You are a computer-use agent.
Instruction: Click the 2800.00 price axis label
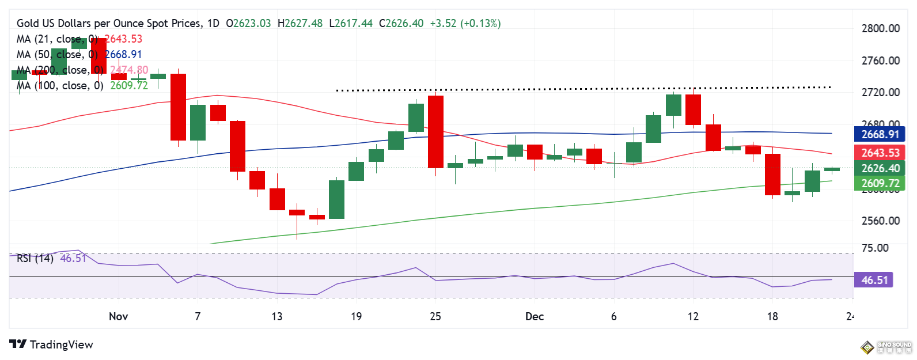pyautogui.click(x=880, y=28)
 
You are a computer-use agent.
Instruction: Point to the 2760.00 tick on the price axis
pyautogui.click(x=880, y=60)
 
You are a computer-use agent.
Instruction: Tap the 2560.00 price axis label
pyautogui.click(x=880, y=221)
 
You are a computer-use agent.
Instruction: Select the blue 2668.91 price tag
pyautogui.click(x=880, y=134)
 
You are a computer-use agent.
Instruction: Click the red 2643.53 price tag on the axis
pyautogui.click(x=880, y=153)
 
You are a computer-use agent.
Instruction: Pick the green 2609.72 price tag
pyautogui.click(x=880, y=183)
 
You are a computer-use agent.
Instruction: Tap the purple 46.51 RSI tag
pyautogui.click(x=874, y=280)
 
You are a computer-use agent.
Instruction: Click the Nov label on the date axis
pyautogui.click(x=118, y=316)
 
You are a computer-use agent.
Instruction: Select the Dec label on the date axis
pyautogui.click(x=535, y=316)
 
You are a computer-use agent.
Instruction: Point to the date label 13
pyautogui.click(x=277, y=316)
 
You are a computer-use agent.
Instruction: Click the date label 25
pyautogui.click(x=435, y=316)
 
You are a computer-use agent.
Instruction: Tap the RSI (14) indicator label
pyautogui.click(x=35, y=258)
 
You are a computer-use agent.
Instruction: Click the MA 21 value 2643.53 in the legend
pyautogui.click(x=123, y=39)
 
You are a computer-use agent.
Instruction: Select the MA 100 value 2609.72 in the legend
pyautogui.click(x=129, y=85)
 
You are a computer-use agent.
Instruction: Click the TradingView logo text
pyautogui.click(x=61, y=344)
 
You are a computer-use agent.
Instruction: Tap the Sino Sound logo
pyautogui.click(x=886, y=347)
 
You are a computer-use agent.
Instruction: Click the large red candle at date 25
pyautogui.click(x=436, y=131)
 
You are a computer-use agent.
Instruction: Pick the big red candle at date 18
pyautogui.click(x=772, y=174)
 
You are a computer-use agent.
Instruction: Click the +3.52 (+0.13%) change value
pyautogui.click(x=465, y=24)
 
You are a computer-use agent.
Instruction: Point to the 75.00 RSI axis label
pyautogui.click(x=874, y=248)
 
